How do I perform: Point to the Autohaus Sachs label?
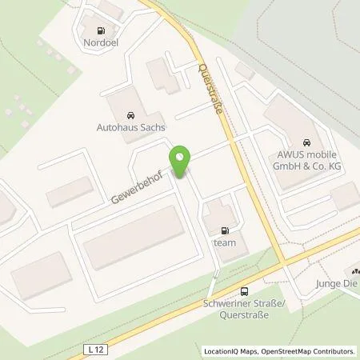(130, 126)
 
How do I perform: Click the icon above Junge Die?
(354, 272)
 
